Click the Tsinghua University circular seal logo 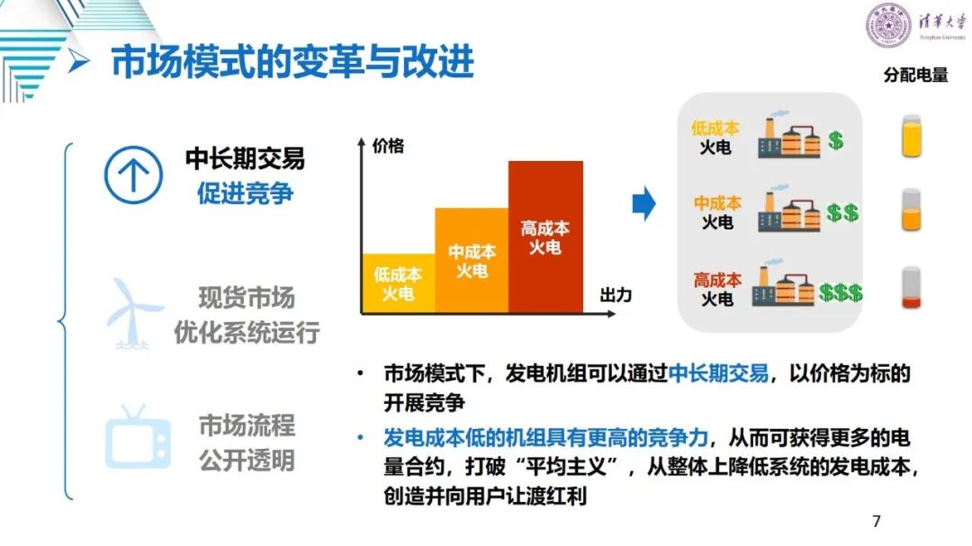(888, 25)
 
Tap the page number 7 (876, 521)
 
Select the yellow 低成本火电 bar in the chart (398, 283)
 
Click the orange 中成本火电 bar (472, 260)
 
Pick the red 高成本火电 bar (545, 237)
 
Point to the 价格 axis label (388, 147)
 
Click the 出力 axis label (616, 295)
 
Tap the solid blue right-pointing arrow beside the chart (644, 203)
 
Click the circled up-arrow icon (133, 175)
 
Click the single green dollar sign (835, 140)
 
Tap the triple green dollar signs (841, 292)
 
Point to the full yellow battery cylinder (911, 136)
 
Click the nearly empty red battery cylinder (911, 288)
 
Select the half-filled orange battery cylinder (911, 210)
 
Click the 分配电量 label (915, 75)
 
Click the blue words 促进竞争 (245, 193)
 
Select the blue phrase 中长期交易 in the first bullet (718, 373)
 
